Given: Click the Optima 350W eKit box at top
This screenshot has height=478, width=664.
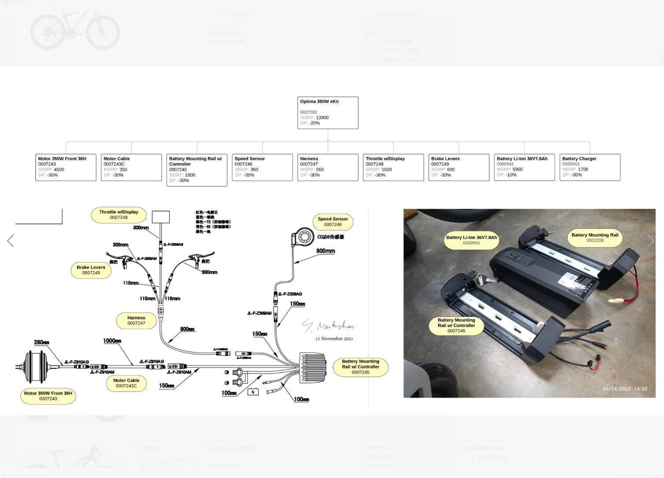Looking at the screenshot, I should click(x=328, y=113).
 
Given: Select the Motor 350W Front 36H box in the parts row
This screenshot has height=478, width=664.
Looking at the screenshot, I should click(x=66, y=167).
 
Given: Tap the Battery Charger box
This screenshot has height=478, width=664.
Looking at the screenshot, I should click(x=590, y=167).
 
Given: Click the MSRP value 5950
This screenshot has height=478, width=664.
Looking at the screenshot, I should click(x=517, y=169).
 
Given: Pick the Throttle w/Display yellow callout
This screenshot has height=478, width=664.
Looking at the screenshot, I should click(x=118, y=215).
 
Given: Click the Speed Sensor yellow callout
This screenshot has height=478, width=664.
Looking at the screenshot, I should click(x=333, y=222).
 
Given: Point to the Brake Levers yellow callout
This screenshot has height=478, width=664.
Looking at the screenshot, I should click(x=91, y=270).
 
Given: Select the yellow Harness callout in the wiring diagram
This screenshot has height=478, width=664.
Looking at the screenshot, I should click(x=136, y=320).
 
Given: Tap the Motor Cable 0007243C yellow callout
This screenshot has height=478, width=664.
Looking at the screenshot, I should click(x=126, y=383).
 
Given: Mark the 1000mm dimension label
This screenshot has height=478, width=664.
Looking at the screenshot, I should click(x=112, y=341).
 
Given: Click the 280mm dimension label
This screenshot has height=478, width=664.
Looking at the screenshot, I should click(x=41, y=342).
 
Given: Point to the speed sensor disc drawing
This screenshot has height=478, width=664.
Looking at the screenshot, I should click(x=303, y=237).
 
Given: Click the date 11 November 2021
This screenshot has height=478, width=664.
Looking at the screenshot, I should click(x=334, y=339).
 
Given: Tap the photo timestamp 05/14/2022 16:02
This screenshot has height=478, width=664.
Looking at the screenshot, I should click(x=625, y=389).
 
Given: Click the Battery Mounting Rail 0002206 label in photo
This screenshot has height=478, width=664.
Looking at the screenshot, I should click(x=594, y=238).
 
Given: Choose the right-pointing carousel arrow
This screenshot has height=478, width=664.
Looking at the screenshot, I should click(x=651, y=241).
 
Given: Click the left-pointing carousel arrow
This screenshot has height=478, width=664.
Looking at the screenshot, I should click(x=11, y=241).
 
